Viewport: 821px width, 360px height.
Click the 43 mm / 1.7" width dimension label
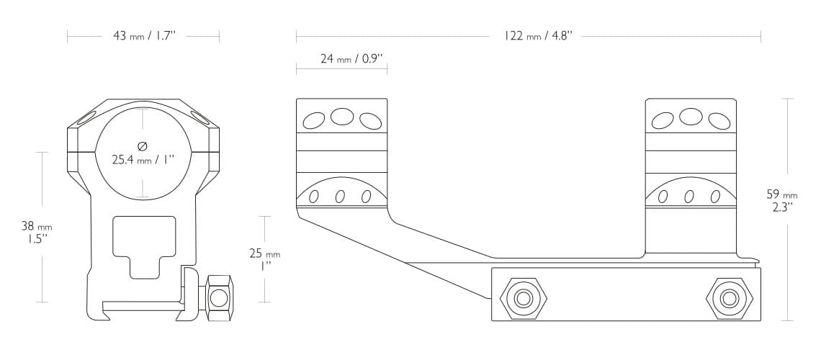[x=144, y=36]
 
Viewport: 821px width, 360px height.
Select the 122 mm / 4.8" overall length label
[x=538, y=36]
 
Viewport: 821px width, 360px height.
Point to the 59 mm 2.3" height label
[x=782, y=200]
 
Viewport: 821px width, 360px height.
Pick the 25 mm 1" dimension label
[x=264, y=259]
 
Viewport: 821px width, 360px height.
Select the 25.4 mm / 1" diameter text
[x=144, y=160]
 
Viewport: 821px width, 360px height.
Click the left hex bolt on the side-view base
[x=523, y=297]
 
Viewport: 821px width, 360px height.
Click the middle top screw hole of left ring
[x=341, y=116]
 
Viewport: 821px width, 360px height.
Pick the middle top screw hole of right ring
[x=691, y=116]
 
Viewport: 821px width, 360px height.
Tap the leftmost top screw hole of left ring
[x=314, y=121]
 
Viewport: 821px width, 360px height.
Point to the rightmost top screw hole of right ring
[x=718, y=121]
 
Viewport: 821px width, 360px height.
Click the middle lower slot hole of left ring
[x=340, y=197]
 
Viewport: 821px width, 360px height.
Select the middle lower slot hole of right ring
[x=689, y=197]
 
